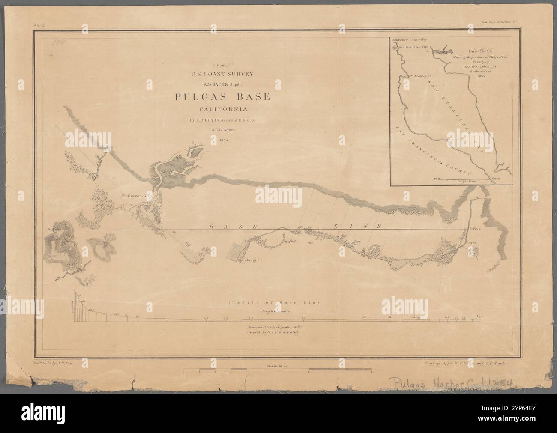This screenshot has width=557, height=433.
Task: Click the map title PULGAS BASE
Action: (222, 97)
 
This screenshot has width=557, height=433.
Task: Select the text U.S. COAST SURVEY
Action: (222, 73)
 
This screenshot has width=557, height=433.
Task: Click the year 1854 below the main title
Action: (222, 140)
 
